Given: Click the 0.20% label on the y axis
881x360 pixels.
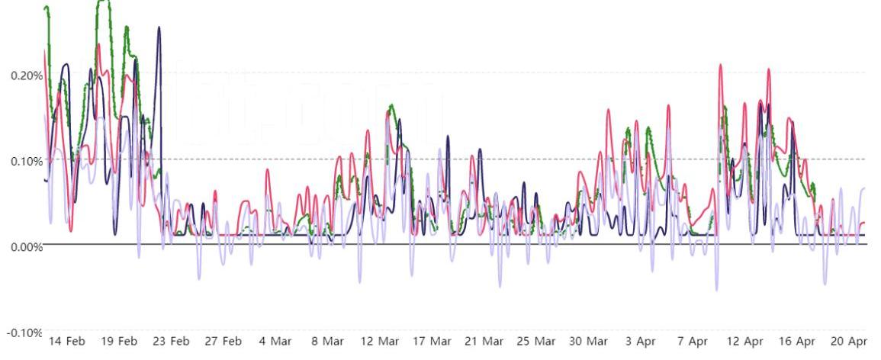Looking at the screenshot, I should tap(26, 76).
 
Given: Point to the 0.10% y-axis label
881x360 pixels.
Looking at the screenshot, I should tap(26, 161).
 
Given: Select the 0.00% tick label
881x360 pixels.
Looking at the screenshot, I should tap(26, 246).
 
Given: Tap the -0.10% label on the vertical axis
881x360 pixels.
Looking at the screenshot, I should tap(24, 334).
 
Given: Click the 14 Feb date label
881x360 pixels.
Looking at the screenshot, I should tap(67, 341).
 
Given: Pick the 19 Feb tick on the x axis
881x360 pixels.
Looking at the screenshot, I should tap(118, 341).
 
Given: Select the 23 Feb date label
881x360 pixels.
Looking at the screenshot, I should tap(171, 341).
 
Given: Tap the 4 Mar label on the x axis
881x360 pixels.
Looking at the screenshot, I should tap(275, 341).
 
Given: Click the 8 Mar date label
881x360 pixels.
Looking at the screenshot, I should tap(327, 341).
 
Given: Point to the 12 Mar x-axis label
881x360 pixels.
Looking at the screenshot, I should tap(379, 341).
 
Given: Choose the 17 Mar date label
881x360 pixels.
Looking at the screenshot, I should tap(432, 341).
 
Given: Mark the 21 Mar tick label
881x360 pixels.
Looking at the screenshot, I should tap(484, 341).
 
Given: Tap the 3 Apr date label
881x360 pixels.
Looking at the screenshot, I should tap(641, 341).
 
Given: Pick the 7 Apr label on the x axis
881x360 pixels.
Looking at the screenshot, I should tap(693, 341).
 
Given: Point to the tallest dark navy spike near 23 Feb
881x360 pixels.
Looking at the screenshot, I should tap(159, 27).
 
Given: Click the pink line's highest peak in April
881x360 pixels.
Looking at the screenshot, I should tap(720, 65).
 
